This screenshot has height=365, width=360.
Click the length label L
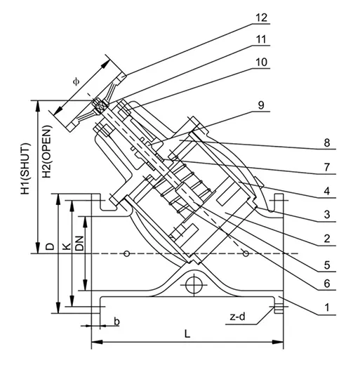[187, 335]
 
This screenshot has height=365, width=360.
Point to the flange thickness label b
[116, 322]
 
